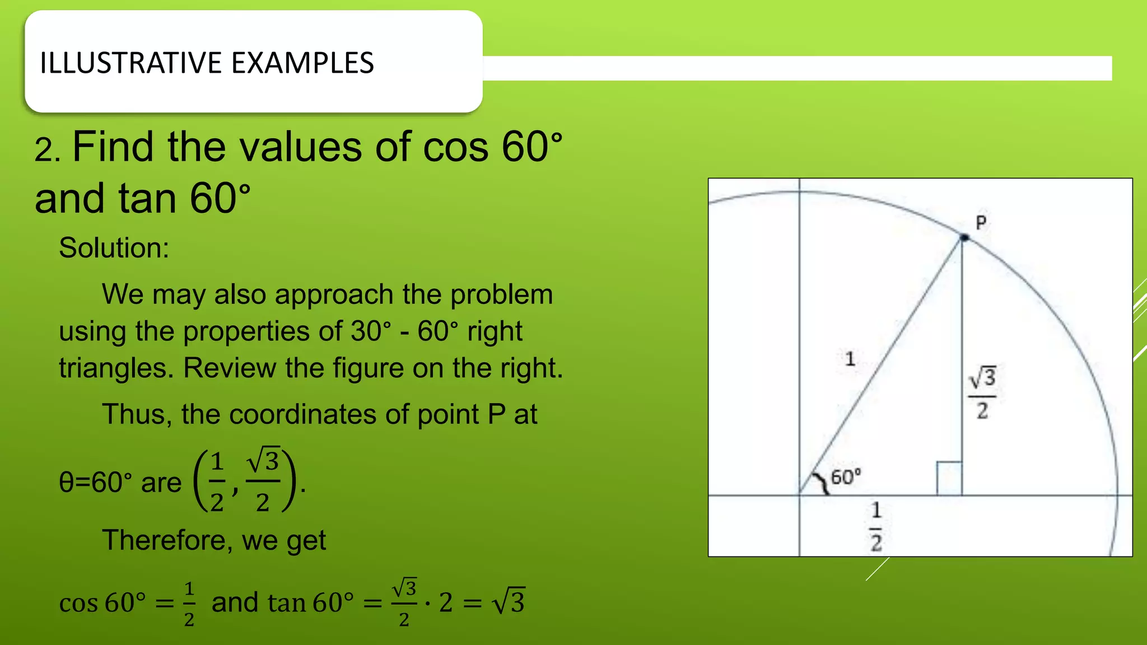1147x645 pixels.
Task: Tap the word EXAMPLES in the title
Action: pos(302,63)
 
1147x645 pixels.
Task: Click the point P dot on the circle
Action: pos(964,238)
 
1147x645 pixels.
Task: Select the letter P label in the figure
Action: pos(981,223)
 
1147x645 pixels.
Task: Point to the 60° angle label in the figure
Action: pos(846,478)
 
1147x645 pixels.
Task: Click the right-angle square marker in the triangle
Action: pos(949,479)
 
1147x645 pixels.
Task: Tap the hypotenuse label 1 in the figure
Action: pos(850,359)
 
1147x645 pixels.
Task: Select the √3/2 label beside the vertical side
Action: pos(982,393)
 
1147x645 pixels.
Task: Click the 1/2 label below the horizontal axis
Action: pos(876,527)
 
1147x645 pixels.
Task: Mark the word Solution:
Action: pos(114,248)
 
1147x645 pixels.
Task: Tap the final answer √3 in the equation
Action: pos(508,602)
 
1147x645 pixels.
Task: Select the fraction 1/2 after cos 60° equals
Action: pos(189,604)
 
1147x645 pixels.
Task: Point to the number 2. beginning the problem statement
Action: pos(47,151)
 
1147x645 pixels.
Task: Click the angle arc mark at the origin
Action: pos(822,483)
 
